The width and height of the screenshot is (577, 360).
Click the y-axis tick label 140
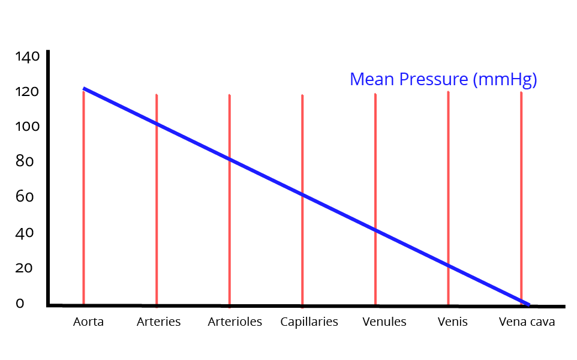pos(27,57)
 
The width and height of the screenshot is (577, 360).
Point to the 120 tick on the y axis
pos(27,92)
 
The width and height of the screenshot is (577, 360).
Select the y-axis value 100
pos(27,127)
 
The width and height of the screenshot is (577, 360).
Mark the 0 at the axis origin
pos(20,304)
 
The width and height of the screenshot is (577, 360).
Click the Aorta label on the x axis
pos(88,322)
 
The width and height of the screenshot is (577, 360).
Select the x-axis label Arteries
pos(158,322)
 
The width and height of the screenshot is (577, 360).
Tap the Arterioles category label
pos(235,322)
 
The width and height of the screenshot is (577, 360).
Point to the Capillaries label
pos(309,322)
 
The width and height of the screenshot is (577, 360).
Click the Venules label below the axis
pos(384,322)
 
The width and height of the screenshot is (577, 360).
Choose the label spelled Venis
pos(452,322)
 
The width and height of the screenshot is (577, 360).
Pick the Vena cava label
pos(527,322)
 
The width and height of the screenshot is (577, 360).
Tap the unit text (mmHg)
pos(505,80)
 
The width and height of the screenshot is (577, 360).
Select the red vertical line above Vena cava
pos(521,180)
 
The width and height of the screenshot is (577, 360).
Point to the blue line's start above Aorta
pos(85,89)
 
